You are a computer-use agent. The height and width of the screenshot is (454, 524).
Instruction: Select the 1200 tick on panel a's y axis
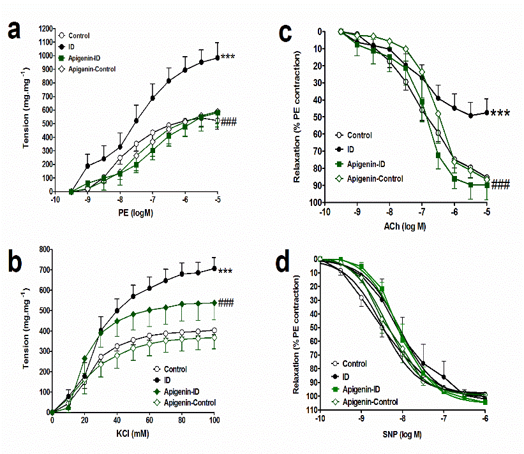point(43,29)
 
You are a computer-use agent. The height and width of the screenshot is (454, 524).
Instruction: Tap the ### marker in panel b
point(226,303)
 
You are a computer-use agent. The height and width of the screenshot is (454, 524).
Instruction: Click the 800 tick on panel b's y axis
point(43,249)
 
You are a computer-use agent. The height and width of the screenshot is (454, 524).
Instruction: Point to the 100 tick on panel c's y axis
point(313,203)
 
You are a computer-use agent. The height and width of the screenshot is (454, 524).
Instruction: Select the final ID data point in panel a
point(217,57)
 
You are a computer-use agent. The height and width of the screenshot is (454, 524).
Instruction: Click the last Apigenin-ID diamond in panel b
point(214,303)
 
